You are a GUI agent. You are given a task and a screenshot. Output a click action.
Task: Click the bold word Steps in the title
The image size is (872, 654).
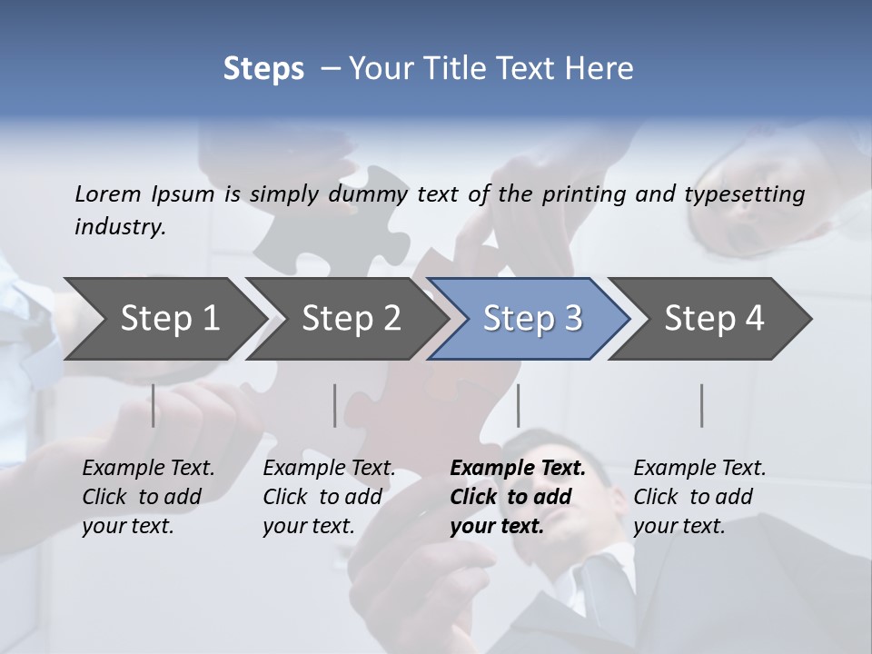[263, 69]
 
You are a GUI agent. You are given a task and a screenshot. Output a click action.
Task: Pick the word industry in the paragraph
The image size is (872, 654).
[119, 226]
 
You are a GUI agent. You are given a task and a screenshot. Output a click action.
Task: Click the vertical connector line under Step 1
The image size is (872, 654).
[153, 405]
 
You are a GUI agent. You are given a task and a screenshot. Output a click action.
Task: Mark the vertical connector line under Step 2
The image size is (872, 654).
[334, 405]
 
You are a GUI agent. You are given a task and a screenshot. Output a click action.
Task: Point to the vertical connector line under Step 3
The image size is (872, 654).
[518, 405]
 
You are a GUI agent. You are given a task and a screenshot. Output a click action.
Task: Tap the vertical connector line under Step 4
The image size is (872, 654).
[701, 405]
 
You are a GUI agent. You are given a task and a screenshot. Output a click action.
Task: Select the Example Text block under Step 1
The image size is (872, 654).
[148, 497]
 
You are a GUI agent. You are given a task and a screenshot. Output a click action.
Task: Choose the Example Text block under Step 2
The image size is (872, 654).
[329, 497]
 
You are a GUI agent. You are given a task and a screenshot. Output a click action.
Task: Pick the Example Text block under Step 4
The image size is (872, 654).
[699, 497]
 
